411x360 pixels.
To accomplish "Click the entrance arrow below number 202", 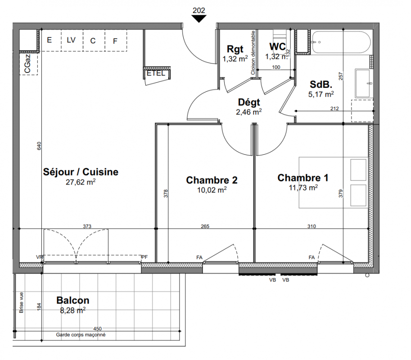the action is (x=199, y=18).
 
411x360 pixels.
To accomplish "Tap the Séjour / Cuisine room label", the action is (x=81, y=172).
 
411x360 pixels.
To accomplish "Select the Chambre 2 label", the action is (x=212, y=180).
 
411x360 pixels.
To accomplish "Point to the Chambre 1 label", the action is (x=303, y=178).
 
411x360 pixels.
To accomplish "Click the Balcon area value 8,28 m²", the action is (x=73, y=310).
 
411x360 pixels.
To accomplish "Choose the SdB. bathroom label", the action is (x=321, y=84).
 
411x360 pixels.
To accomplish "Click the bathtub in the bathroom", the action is (x=340, y=42).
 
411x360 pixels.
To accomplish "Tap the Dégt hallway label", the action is (x=249, y=102).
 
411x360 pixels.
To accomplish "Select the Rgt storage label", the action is (x=235, y=49).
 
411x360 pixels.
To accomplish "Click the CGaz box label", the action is (x=27, y=63).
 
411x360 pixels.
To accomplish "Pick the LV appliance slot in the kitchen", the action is (x=71, y=40).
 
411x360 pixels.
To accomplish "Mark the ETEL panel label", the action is (x=156, y=73).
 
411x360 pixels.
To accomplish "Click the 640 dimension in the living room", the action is (x=39, y=146).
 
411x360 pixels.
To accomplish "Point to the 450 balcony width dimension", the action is (x=97, y=328).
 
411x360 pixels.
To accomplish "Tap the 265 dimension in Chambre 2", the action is (x=205, y=226).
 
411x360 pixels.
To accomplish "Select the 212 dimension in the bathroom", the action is (x=334, y=108).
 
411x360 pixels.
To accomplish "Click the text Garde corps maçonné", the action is (x=81, y=335).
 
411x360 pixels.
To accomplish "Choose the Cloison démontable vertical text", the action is (x=253, y=53).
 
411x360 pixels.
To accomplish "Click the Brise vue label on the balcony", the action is (x=21, y=302).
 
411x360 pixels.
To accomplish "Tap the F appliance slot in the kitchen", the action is (x=115, y=41).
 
